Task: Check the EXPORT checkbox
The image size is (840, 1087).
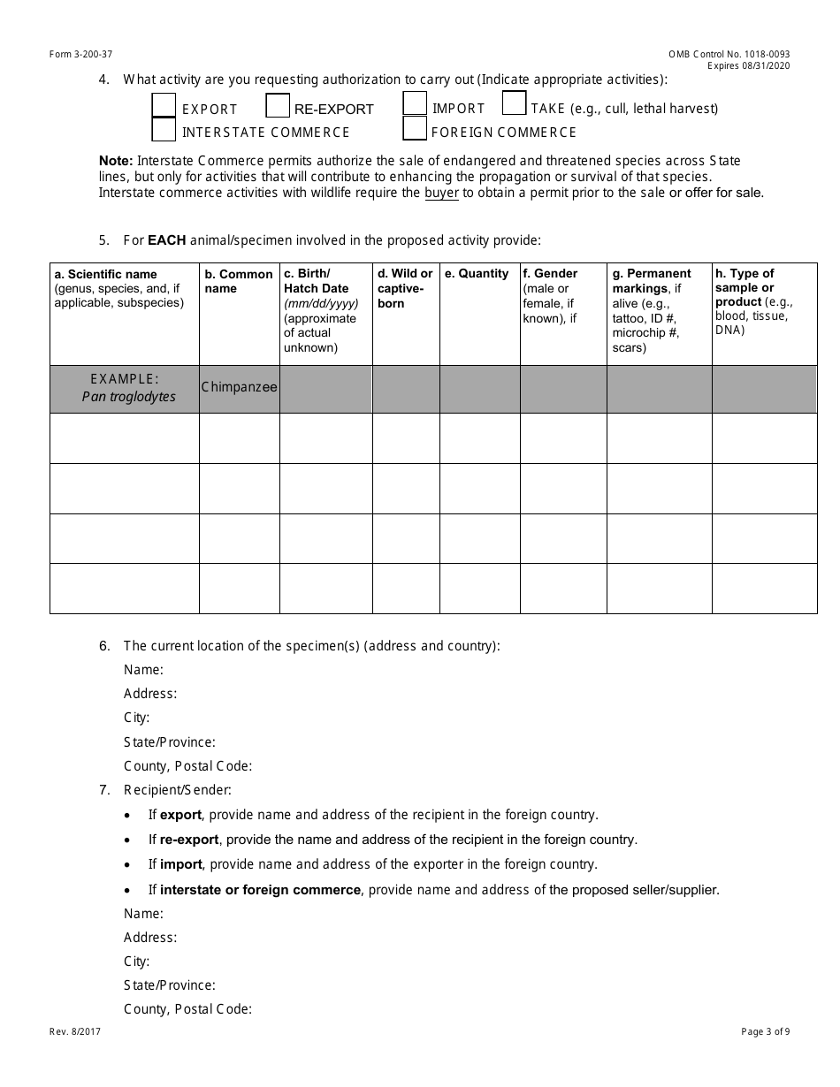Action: pos(164,105)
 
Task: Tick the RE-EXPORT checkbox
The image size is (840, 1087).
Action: pos(278,106)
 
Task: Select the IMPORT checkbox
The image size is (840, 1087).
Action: pos(415,104)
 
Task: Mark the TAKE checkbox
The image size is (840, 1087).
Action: pos(514,103)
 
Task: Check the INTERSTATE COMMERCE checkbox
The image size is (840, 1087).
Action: pos(164,130)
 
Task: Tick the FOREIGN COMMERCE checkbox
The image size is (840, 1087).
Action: pos(415,129)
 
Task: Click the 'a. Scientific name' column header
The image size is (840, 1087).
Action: pos(105,274)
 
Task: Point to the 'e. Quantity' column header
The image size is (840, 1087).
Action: pos(477,274)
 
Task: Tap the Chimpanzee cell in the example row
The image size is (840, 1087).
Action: pos(239,387)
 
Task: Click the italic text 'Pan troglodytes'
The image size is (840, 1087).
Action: pos(129,397)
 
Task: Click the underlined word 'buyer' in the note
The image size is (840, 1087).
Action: pos(441,193)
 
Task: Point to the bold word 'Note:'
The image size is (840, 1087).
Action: pos(116,161)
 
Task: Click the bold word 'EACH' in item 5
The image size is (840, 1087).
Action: pos(166,239)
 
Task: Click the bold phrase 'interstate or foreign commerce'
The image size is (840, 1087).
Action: pos(260,890)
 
